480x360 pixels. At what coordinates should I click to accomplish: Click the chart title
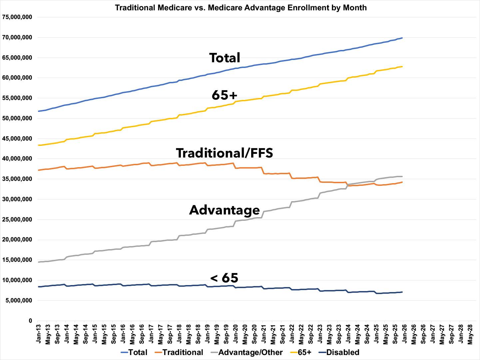point(240,7)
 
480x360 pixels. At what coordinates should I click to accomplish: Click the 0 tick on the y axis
point(30,321)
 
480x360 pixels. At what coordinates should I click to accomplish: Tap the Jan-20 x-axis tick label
point(235,334)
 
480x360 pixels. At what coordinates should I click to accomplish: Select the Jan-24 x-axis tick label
point(348,334)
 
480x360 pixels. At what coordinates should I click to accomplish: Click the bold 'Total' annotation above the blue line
point(225,58)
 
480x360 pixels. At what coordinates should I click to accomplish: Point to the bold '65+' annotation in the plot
point(225,96)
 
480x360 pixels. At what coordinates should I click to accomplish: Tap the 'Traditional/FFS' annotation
point(225,153)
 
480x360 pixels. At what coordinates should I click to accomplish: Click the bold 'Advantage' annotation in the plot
point(225,210)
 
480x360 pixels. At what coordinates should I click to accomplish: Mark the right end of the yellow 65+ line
point(402,67)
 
